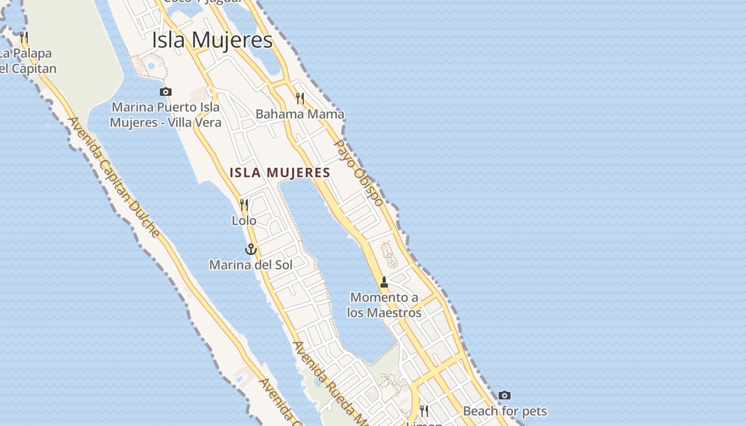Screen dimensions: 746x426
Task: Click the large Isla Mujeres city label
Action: coord(212,40)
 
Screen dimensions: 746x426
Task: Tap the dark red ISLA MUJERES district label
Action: coord(280,173)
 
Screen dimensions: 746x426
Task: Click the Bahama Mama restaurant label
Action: coord(300,114)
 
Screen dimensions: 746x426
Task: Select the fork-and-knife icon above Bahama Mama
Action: coord(300,99)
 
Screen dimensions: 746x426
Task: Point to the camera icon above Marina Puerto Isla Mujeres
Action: coord(166,92)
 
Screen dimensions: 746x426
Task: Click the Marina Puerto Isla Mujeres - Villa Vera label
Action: coord(165,115)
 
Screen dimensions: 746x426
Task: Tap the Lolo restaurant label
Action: coord(244,220)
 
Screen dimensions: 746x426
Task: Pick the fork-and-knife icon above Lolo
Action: coord(244,205)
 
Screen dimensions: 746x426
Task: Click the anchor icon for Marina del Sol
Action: coord(250,249)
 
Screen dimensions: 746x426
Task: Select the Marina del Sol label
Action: coord(250,265)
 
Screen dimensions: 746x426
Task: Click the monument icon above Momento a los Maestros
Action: coord(384,282)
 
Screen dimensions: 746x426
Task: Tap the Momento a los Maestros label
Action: coord(384,305)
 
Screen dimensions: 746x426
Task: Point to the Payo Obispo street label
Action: coord(359,173)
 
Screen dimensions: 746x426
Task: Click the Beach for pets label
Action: coord(505,411)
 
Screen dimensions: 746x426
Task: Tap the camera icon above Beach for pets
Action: coord(505,396)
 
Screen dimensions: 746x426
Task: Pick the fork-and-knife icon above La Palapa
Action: coord(24,37)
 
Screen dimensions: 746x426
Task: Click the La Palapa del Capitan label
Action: coord(27,61)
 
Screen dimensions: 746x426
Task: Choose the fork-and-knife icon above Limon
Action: coord(424,411)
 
